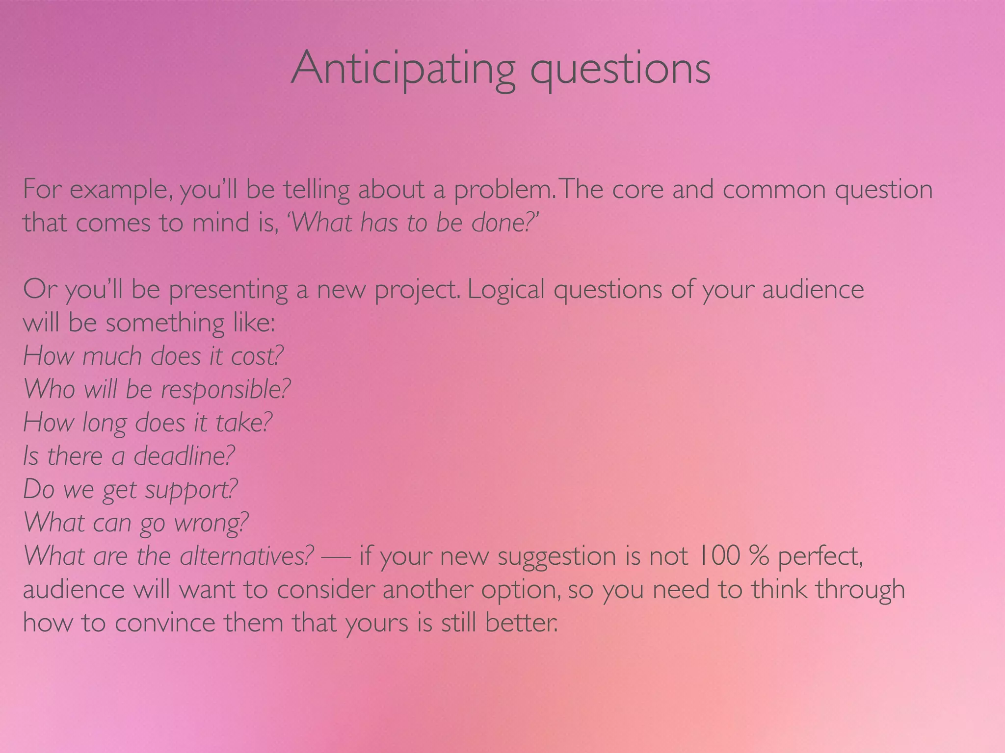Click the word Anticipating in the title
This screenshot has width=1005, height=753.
point(402,69)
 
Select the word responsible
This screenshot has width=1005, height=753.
point(225,390)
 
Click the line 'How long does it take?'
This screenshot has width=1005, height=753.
point(147,423)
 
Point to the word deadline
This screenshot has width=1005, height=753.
point(184,456)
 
